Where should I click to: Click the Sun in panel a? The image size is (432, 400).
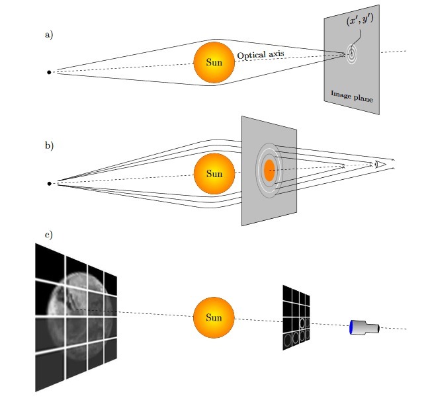click(214, 63)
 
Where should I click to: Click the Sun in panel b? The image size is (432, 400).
click(214, 174)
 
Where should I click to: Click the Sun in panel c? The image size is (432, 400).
click(214, 318)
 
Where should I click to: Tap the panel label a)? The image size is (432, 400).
click(48, 34)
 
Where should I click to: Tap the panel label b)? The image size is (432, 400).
click(48, 145)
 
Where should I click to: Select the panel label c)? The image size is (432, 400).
click(48, 235)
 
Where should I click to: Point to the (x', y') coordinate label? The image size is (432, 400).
click(360, 21)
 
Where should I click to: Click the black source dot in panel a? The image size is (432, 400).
click(49, 72)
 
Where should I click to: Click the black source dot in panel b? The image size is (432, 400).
click(49, 183)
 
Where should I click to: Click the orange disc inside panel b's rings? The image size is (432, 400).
click(269, 171)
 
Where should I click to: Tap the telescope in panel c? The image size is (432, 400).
click(364, 327)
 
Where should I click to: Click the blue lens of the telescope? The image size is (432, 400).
click(351, 327)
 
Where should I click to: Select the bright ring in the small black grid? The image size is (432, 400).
click(302, 323)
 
